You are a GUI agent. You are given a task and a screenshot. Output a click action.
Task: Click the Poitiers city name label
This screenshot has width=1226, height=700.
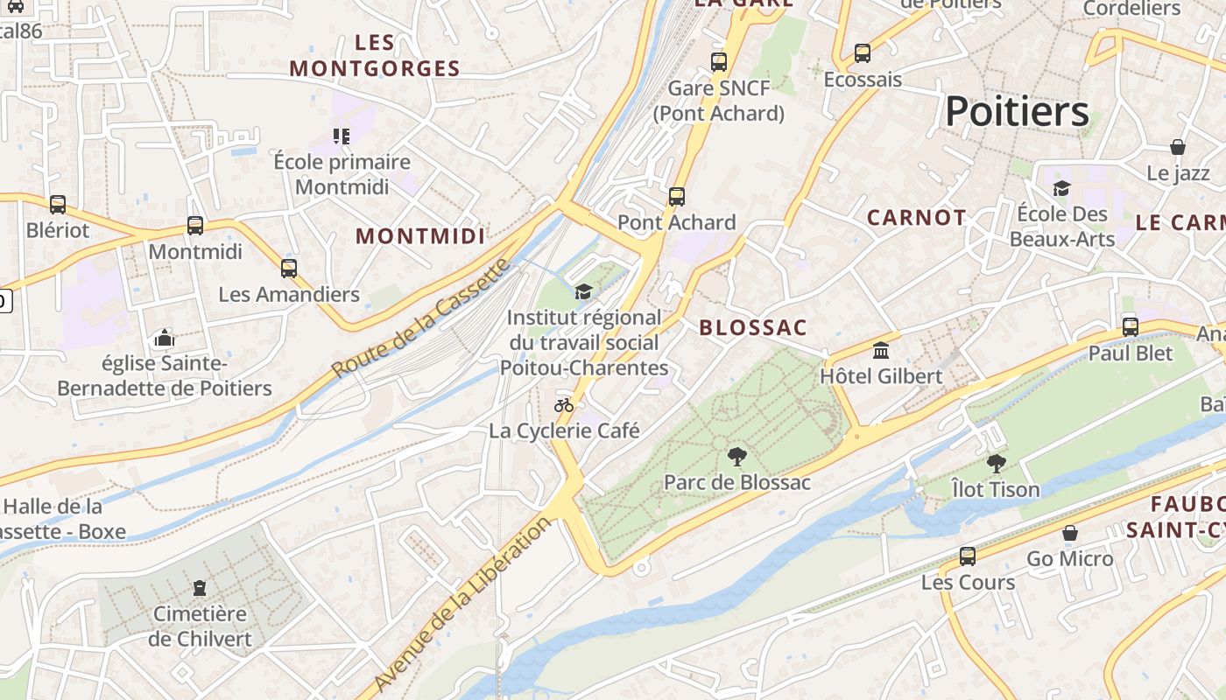(x=1017, y=112)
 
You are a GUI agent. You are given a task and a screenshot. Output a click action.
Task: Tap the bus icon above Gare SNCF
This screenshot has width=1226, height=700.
(x=719, y=62)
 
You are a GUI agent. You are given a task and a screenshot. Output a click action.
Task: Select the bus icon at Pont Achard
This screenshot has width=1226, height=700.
(x=676, y=197)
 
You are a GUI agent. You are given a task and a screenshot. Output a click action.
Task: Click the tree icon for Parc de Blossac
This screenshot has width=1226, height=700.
(x=737, y=456)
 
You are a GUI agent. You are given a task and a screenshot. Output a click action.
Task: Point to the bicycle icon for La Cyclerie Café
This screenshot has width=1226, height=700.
(x=564, y=405)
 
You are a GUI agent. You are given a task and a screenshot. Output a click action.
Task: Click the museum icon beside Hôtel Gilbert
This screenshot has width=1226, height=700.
(x=881, y=351)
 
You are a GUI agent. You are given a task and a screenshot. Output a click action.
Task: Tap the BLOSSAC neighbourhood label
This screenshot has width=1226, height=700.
(x=753, y=328)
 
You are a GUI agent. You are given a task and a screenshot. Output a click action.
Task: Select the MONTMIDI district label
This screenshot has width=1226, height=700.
(x=420, y=236)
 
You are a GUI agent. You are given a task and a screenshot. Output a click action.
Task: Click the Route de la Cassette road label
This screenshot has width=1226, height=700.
(x=421, y=318)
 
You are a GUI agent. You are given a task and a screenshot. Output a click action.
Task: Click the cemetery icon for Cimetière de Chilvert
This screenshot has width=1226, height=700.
(x=200, y=587)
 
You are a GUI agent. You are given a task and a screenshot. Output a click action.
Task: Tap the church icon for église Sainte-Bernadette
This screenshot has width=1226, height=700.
(x=164, y=338)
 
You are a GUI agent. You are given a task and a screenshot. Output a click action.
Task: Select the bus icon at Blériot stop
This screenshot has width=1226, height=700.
(x=58, y=205)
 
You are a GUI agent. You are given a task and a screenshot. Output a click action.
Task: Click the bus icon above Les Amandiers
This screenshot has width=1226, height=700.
(x=289, y=269)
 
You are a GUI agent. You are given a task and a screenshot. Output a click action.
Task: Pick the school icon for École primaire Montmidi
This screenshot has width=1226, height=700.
(x=341, y=136)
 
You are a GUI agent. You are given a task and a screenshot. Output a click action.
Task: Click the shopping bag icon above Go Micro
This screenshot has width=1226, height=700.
(x=1069, y=533)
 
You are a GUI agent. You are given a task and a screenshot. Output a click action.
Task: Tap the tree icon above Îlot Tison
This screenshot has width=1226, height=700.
(x=996, y=464)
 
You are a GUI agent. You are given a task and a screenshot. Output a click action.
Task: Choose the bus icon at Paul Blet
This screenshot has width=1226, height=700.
(x=1131, y=327)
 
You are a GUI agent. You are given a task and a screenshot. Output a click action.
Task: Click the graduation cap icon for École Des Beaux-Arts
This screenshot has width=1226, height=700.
(x=1061, y=188)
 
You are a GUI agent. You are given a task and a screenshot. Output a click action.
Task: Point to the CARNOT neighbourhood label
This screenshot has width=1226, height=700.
(x=917, y=218)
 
